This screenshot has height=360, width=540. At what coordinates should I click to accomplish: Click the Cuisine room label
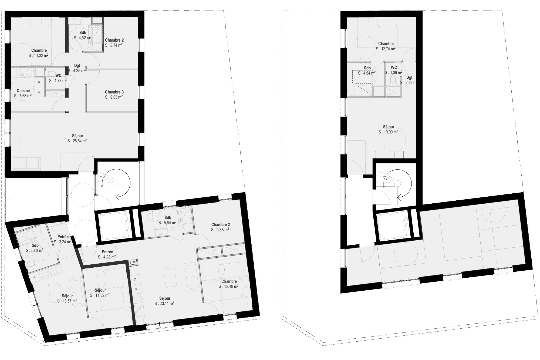(23, 91)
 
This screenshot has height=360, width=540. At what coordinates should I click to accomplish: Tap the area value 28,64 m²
(77, 141)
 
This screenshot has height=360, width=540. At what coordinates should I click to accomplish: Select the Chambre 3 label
(114, 92)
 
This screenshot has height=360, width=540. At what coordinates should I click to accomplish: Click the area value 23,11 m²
(164, 303)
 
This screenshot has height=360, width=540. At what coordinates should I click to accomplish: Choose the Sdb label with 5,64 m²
(168, 218)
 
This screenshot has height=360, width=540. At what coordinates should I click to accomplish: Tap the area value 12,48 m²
(228, 286)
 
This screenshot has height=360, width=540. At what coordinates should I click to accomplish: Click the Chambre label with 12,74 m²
(386, 44)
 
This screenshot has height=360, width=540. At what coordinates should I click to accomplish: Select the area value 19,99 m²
(388, 132)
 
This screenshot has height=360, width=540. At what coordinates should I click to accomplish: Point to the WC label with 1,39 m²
(394, 68)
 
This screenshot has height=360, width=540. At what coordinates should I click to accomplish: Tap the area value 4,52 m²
(82, 38)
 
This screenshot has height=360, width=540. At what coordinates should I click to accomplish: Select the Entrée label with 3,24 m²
(63, 237)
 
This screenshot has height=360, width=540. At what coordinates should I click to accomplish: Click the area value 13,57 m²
(67, 301)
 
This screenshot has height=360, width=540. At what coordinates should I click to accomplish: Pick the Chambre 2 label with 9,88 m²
(221, 225)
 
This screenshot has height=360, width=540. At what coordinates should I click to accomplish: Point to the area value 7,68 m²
(23, 96)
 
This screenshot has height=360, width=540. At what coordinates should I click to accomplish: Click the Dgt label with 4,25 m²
(77, 66)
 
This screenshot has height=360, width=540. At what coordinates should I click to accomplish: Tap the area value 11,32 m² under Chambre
(39, 55)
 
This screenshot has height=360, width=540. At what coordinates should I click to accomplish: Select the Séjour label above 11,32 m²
(100, 290)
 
